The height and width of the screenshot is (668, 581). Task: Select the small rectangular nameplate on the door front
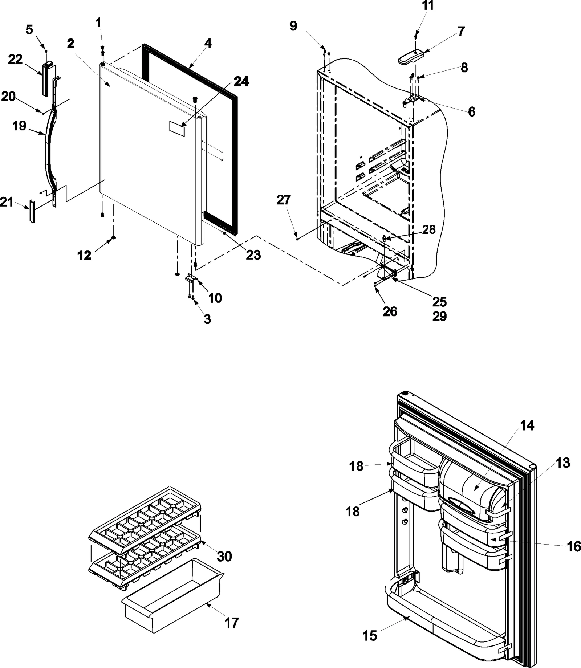point(177,129)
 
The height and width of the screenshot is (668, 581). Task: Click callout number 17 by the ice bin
point(232,623)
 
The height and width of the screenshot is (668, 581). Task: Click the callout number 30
point(225,556)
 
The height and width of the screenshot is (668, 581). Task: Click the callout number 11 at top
point(420,6)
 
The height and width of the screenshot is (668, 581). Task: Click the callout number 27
point(284,200)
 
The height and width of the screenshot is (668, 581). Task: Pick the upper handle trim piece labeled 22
point(45,79)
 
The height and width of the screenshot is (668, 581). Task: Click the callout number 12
point(84,256)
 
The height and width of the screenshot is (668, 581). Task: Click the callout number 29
point(439,316)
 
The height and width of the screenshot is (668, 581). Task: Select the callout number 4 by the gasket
point(207,43)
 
